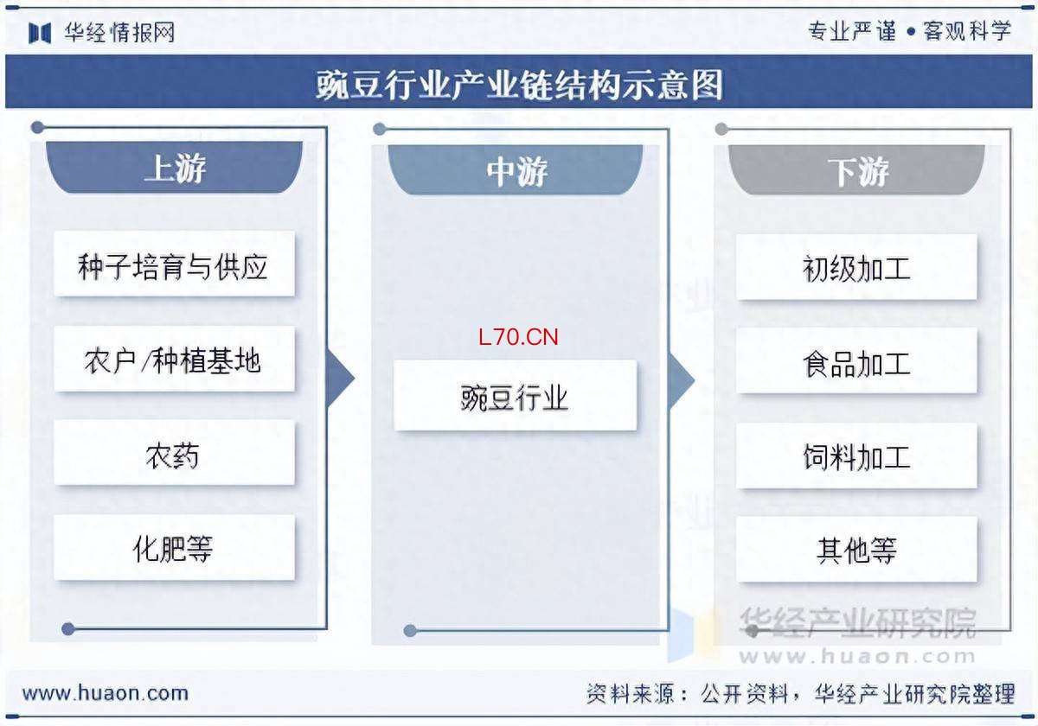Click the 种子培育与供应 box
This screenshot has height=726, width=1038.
(174, 264)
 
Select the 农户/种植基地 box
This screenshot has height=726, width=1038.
(174, 359)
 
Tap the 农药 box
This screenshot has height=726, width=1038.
(174, 452)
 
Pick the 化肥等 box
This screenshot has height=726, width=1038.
(174, 547)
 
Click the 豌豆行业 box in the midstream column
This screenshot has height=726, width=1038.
(516, 395)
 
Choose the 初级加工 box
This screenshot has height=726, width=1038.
(857, 267)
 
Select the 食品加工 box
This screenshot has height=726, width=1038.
(857, 360)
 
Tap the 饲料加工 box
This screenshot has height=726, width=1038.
(857, 455)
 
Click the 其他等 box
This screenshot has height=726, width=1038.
(857, 550)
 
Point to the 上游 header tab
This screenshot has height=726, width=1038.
(174, 167)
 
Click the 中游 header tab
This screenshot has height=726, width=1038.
(516, 170)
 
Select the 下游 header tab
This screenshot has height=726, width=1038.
(857, 170)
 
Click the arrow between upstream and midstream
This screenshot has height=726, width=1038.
(341, 379)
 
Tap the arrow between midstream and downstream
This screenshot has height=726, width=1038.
(682, 380)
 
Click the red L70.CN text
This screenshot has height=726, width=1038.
(518, 337)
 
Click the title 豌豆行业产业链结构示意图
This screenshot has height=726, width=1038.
(519, 86)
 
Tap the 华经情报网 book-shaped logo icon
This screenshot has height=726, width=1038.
(40, 33)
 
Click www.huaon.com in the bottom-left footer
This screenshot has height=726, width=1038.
(106, 693)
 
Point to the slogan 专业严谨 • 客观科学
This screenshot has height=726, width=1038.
(910, 31)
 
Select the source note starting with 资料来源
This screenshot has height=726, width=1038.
(801, 693)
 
